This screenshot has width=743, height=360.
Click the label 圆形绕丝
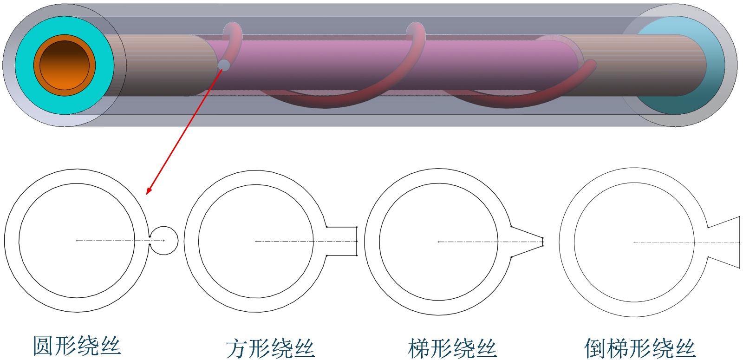click(x=77, y=346)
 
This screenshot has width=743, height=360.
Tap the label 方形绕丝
click(x=270, y=348)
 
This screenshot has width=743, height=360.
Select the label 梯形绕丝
click(x=452, y=348)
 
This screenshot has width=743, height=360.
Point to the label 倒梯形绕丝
click(x=640, y=348)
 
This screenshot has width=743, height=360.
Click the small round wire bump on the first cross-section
click(x=164, y=241)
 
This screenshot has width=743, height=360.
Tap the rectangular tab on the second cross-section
click(x=342, y=241)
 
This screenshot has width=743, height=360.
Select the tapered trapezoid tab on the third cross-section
click(x=527, y=242)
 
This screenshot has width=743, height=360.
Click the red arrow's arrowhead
click(x=149, y=191)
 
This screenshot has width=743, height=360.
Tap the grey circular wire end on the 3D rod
click(x=224, y=65)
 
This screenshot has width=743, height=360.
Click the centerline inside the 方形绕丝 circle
click(x=283, y=241)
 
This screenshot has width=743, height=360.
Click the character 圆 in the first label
click(x=43, y=346)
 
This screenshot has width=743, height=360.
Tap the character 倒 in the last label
click(x=595, y=348)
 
